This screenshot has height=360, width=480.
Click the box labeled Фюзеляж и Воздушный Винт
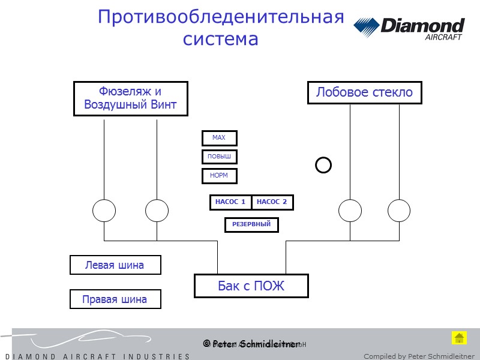click(x=130, y=98)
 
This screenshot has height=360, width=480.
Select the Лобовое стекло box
click(x=364, y=92)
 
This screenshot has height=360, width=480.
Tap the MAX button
click(x=219, y=138)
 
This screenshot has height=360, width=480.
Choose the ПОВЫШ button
click(x=219, y=157)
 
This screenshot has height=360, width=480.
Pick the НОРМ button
click(x=219, y=176)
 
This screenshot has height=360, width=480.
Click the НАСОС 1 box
click(x=230, y=202)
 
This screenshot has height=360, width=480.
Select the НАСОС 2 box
click(x=272, y=202)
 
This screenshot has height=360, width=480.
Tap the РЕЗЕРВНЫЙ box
click(x=251, y=224)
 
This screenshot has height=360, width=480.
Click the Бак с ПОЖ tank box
click(x=251, y=286)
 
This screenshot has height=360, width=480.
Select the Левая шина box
click(x=115, y=265)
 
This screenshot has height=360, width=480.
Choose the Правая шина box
click(x=115, y=299)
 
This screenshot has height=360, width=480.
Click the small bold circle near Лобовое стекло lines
click(x=323, y=164)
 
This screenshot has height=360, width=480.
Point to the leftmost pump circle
click(x=104, y=211)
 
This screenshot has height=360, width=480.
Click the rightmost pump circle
click(x=399, y=211)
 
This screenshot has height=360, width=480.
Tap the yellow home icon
click(x=459, y=337)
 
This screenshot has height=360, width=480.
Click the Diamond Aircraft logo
click(x=409, y=28)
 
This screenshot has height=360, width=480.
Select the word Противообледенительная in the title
click(x=221, y=17)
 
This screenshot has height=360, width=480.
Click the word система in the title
click(x=220, y=39)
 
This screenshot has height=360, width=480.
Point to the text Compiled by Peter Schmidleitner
click(x=419, y=356)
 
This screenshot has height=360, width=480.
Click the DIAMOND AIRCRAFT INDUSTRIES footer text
click(x=96, y=356)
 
